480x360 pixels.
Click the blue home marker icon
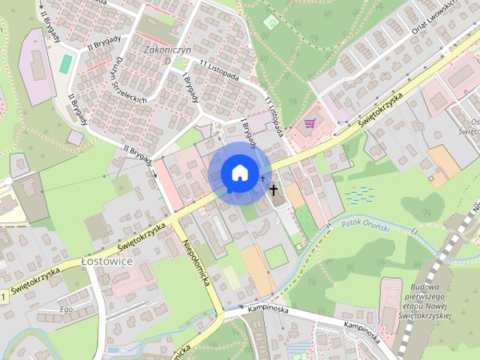[x=239, y=172]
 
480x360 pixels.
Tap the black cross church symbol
[x=274, y=190]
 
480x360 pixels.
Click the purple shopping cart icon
[x=310, y=124]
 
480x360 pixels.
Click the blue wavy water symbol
[x=358, y=194]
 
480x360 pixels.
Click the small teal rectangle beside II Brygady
[x=66, y=64]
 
